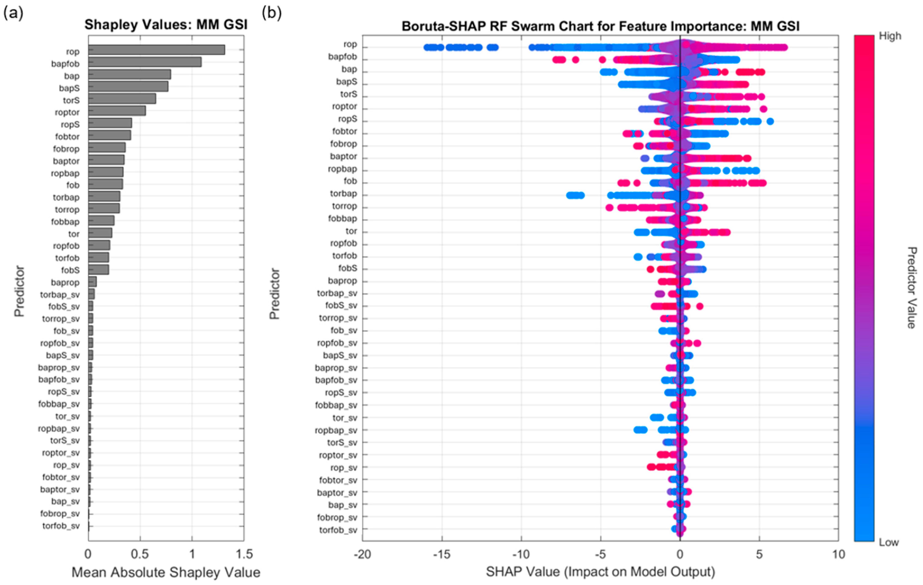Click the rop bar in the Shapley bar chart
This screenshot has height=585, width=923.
point(156,50)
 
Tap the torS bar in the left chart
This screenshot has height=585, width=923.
point(122,99)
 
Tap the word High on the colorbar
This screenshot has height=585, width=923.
point(890,36)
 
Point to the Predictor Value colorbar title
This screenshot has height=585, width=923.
point(912,288)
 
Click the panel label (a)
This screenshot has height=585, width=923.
point(14,14)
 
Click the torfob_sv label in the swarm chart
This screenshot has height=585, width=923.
point(338,530)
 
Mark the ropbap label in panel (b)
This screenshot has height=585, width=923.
point(342,169)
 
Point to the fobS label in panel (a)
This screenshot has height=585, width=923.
point(70,270)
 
